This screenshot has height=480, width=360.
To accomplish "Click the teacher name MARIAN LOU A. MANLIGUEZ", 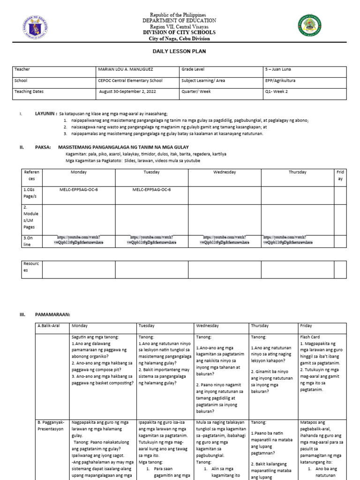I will tap(125, 69).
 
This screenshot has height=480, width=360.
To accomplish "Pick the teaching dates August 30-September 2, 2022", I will tap(127, 92).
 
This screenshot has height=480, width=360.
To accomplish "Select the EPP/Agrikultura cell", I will tap(280, 81).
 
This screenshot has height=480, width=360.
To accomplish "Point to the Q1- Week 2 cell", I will tap(276, 92).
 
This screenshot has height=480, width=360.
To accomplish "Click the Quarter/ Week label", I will tap(196, 92).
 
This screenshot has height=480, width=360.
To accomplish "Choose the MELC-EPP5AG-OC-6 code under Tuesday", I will tap(151, 190).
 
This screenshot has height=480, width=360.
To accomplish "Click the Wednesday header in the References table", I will tap(224, 172).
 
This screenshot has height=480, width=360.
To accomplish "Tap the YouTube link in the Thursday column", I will tap(288, 240).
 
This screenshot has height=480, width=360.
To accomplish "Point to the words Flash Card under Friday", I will tap(310, 337).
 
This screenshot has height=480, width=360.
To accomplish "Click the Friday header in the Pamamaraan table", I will tap(306, 326).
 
